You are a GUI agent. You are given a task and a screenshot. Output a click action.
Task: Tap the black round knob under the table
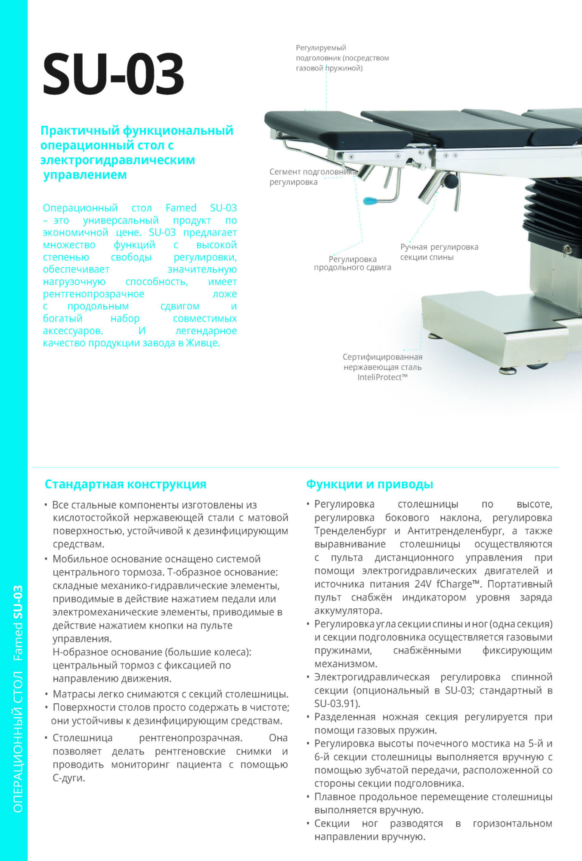[x=451, y=180]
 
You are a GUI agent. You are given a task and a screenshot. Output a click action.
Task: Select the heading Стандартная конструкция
[x=125, y=484]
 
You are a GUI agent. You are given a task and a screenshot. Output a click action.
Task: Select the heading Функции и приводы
[x=369, y=484]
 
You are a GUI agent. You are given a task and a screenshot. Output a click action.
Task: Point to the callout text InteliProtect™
[x=382, y=378]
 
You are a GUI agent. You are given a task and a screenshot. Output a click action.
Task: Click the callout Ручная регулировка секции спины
[x=439, y=252]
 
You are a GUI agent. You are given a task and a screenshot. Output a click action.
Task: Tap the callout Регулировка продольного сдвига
[x=353, y=263]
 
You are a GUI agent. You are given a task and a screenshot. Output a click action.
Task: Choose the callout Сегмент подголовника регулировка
[x=313, y=177]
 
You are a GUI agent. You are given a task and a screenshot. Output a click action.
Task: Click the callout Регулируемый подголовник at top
[x=342, y=58]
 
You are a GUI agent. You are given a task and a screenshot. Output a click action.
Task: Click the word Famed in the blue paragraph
[x=181, y=208]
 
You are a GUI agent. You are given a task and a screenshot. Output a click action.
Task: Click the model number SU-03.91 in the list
[x=336, y=703]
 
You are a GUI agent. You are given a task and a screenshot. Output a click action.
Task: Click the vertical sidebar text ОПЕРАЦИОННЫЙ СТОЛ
[x=18, y=740]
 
